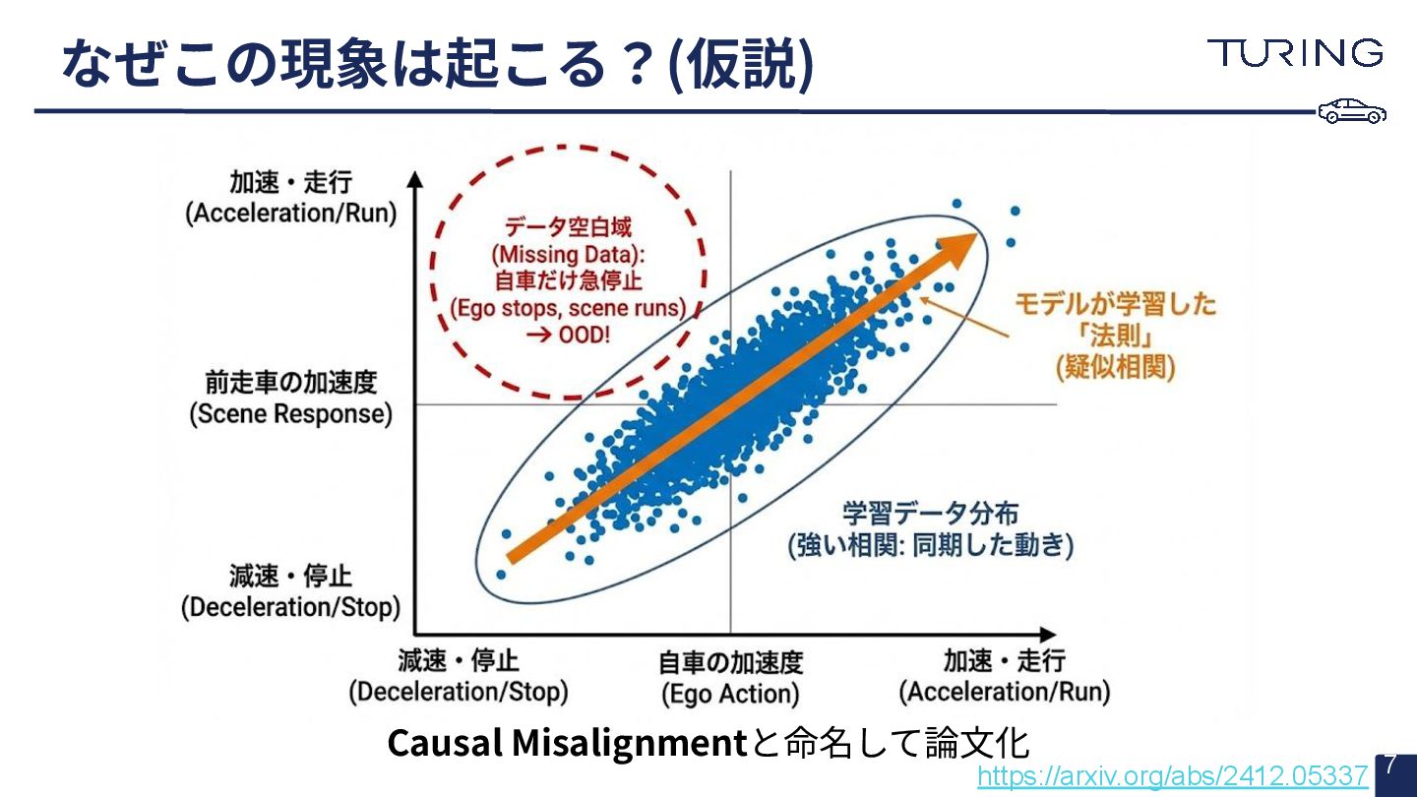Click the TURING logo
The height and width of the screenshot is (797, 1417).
point(1295,53)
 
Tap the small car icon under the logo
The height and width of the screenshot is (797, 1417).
point(1352,111)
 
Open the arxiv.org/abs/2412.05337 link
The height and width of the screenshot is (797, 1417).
point(1172,776)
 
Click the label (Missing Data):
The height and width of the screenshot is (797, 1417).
point(568,255)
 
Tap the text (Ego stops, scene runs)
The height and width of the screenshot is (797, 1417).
point(568,307)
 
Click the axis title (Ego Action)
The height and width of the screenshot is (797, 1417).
point(730,694)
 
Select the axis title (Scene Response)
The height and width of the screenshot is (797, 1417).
point(290,414)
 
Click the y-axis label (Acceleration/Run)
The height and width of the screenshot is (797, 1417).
point(291,214)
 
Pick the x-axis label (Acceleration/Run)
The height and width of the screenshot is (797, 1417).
point(1004,692)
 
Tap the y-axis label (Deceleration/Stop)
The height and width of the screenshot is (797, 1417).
point(290,607)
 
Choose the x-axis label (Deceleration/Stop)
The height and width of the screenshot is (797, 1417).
point(459,692)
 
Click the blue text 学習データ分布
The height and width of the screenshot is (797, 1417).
point(930,514)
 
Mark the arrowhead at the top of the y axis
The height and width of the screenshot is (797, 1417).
point(415,180)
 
